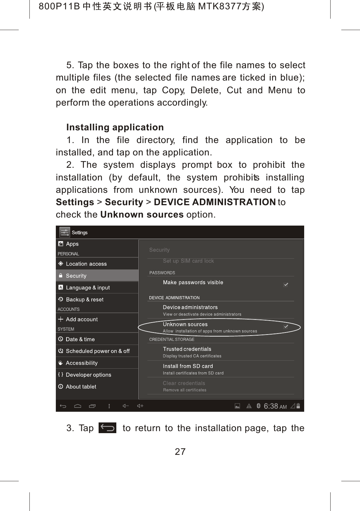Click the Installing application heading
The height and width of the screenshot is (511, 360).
point(115,127)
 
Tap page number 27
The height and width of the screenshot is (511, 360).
point(180,452)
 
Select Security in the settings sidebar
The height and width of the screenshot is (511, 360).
point(76,276)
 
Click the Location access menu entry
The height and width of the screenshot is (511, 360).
point(86,264)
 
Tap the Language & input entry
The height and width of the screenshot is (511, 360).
point(88,287)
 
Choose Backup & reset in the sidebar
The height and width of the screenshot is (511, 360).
point(85,299)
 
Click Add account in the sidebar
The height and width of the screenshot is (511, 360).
point(82,319)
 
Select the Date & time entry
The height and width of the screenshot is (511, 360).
point(80,339)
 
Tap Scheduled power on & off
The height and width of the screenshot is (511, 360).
point(98,351)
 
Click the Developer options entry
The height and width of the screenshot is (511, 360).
point(89,375)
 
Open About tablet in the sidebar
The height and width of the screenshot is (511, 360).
point(81,387)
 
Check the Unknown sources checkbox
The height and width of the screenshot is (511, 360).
point(286,327)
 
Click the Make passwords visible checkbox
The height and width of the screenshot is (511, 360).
point(286,285)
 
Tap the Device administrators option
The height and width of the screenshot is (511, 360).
point(190,307)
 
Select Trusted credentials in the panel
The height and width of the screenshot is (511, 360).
point(187,349)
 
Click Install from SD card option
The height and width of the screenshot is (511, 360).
point(188,366)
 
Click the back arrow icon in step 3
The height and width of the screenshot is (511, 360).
point(107,428)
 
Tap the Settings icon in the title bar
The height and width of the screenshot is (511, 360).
point(65,232)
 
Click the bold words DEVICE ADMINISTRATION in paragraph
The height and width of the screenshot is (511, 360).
point(215,202)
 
